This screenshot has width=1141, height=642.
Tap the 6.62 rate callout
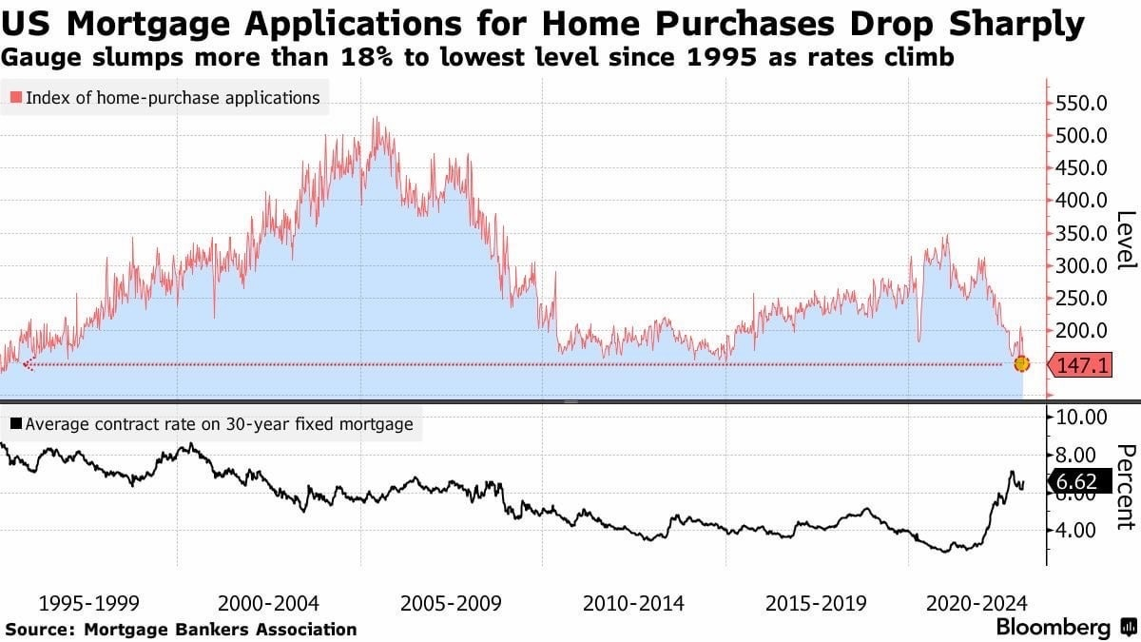click(1080, 483)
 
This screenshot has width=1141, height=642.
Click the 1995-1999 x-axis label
click(88, 603)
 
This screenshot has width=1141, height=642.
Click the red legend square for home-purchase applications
click(15, 98)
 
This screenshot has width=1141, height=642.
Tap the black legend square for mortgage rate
click(15, 424)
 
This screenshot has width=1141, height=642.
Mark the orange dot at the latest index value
click(1022, 364)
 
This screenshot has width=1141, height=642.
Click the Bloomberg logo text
click(1053, 628)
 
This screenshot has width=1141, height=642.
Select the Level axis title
click(1124, 239)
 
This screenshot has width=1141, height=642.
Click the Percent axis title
click(1124, 485)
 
